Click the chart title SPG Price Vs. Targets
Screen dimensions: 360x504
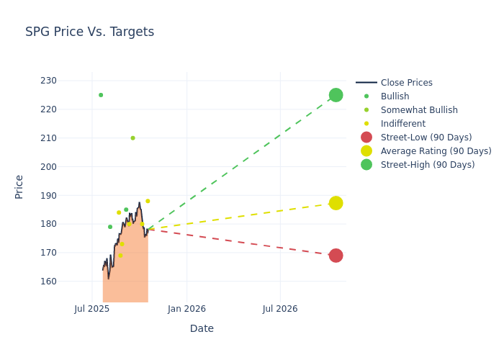[89, 32]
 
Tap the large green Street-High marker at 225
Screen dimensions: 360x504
[336, 95]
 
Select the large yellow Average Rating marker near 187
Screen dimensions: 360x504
[336, 203]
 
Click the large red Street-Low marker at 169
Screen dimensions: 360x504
[336, 256]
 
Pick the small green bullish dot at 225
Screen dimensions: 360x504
[101, 95]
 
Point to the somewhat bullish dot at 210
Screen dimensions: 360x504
[132, 138]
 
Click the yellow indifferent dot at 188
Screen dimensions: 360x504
[148, 202]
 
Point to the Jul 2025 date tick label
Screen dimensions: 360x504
[92, 309]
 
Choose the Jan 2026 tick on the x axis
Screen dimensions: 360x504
[186, 309]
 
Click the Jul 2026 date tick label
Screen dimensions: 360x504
[280, 309]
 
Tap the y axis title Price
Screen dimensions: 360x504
[19, 186]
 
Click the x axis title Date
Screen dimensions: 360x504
[202, 329]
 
